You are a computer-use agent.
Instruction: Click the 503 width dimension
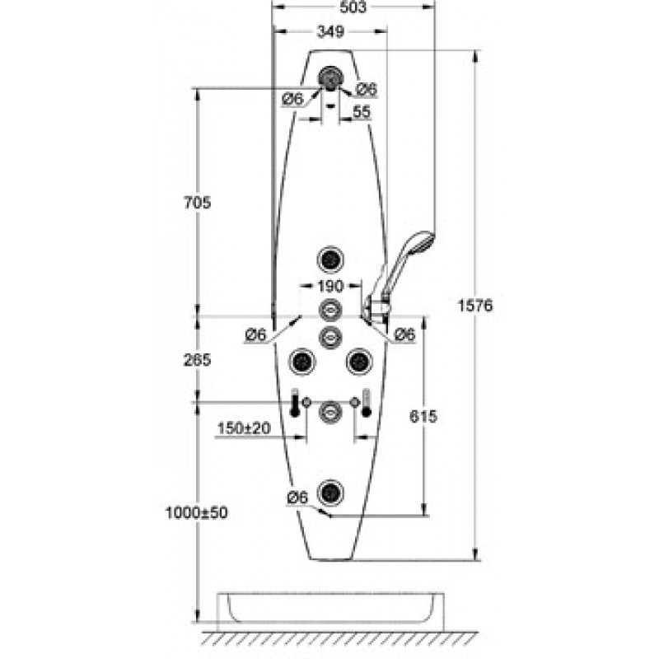(x=353, y=7)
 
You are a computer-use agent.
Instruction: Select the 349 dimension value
(x=331, y=31)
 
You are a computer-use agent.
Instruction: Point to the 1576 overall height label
(x=475, y=306)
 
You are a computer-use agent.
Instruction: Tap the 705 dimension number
(x=197, y=203)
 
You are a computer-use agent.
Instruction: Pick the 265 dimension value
(x=197, y=360)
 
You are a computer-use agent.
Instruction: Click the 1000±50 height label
(x=196, y=512)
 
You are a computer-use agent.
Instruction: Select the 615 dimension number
(x=423, y=417)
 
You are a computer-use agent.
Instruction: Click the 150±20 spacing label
(x=244, y=428)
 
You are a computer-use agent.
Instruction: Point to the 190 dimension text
(x=331, y=286)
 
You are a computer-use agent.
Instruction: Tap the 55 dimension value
(x=362, y=112)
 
